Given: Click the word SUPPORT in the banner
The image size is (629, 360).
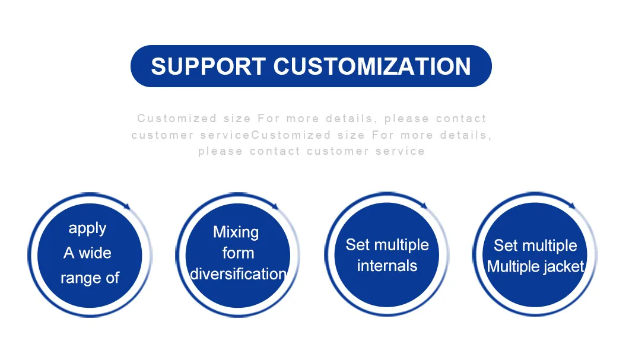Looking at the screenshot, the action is pos(208,66).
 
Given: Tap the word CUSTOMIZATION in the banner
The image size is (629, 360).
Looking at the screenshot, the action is pos(372,66).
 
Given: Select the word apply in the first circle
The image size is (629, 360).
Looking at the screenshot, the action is pos(87,228).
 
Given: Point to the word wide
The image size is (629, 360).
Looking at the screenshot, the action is pos(95,253).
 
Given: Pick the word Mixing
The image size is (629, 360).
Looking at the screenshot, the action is pos(236,232).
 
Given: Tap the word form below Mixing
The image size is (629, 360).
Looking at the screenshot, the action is pos(239,253).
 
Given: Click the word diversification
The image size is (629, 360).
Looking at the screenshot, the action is pos(239,274).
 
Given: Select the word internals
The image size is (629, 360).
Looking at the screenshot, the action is pos(387,266).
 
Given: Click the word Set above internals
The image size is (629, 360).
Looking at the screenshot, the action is pos(357,245).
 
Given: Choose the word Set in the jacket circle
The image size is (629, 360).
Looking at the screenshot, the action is pos(505,246).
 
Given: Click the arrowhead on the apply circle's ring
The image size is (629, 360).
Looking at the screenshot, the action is pos(127,206).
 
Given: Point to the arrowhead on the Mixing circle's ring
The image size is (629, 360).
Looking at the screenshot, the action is pos(275,206).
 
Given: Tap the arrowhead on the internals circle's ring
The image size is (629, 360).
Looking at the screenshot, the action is pos(424,206).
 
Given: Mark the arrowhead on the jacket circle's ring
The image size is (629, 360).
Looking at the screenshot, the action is pos(573,206).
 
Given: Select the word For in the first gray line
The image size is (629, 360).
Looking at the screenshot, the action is pos(268,119).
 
